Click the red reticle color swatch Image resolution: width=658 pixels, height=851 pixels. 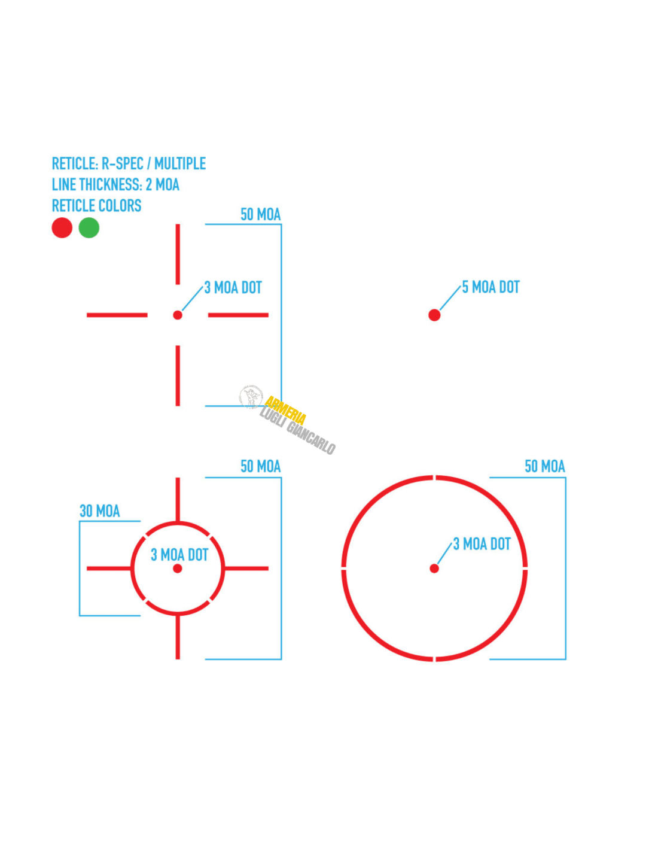click(62, 228)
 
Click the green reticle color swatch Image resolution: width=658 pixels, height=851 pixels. click(89, 228)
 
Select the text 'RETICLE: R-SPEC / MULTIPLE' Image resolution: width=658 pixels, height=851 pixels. click(129, 163)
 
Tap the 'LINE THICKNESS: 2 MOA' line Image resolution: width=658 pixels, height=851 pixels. click(115, 184)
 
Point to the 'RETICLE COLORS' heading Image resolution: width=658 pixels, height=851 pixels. click(96, 205)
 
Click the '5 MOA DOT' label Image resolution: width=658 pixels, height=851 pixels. click(491, 287)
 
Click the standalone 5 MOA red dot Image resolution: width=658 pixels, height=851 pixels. click(434, 315)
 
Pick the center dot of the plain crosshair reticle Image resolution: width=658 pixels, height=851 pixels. click(178, 315)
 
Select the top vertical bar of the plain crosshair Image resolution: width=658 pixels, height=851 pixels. click(178, 254)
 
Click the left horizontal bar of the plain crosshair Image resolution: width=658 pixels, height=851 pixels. click(117, 315)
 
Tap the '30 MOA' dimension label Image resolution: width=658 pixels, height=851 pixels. click(100, 511)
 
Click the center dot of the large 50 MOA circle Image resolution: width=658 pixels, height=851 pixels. click(434, 568)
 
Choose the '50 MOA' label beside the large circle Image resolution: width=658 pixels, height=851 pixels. click(544, 466)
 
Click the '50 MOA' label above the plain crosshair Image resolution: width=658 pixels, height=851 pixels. click(260, 214)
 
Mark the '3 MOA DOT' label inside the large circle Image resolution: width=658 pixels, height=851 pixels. click(482, 544)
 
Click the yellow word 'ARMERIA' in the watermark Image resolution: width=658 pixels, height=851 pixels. click(285, 411)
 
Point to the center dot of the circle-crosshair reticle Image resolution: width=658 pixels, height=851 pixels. click(178, 569)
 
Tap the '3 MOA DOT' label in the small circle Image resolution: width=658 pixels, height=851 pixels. click(179, 555)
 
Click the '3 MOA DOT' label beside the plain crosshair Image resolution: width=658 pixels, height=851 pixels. click(233, 288)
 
